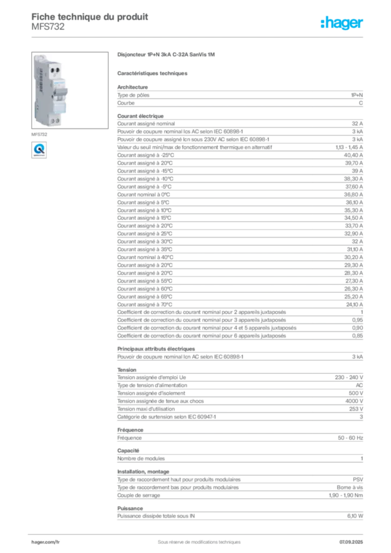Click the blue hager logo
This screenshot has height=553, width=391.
(x=343, y=23)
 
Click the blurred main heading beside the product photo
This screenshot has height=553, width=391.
(x=166, y=55)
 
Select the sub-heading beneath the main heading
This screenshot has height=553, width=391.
(x=153, y=72)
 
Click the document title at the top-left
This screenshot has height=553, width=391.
(x=89, y=15)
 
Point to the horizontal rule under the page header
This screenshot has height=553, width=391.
(x=216, y=37)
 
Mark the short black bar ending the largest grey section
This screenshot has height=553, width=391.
(x=319, y=335)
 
